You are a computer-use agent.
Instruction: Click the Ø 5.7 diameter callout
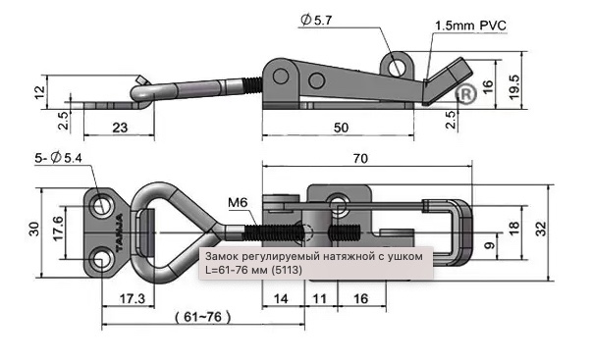pos(316,20)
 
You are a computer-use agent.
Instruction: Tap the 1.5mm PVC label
pos(470,26)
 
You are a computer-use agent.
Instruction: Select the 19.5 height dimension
pos(514,87)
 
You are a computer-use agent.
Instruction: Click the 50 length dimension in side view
pos(341,128)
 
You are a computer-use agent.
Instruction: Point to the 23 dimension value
pos(120,128)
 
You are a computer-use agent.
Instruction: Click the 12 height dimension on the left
pos(39,92)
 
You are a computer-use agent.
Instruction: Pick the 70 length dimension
pos(360,159)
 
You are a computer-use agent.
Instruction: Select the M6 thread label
pos(238,203)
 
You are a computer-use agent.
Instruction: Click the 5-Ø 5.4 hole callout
pos(58,158)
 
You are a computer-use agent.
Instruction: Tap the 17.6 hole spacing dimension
pos(58,229)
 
